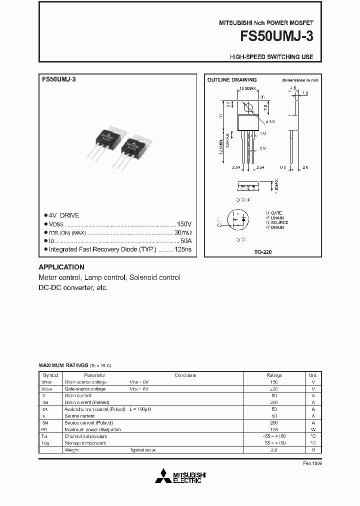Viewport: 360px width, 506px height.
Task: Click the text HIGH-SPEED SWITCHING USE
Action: tap(271, 57)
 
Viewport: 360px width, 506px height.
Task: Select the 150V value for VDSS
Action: tap(184, 224)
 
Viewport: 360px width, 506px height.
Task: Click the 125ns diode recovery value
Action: tap(183, 248)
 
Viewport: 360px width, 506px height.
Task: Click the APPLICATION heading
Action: tap(61, 267)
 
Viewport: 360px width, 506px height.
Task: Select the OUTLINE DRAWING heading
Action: tap(231, 79)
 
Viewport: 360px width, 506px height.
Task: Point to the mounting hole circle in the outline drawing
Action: tap(246, 107)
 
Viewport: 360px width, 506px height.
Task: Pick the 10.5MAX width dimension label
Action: tap(247, 88)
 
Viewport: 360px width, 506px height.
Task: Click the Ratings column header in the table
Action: tap(274, 375)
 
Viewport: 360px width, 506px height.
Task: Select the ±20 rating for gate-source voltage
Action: tap(274, 388)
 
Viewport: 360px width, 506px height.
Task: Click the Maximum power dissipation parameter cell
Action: tap(92, 429)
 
